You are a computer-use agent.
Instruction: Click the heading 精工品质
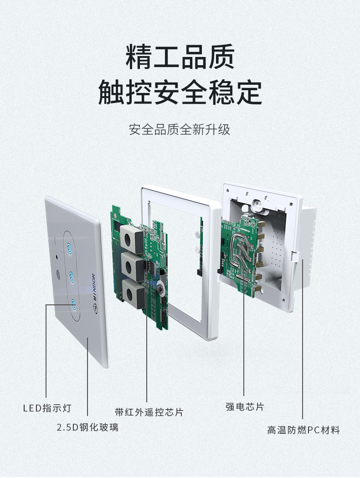[x=180, y=57]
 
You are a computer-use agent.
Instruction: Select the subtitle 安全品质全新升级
[x=180, y=129]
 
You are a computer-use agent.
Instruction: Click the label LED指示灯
[x=47, y=408]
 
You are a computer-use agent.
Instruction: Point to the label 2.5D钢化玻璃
[x=87, y=427]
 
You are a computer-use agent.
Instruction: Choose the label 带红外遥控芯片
[x=149, y=412]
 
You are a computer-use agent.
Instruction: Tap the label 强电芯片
[x=245, y=406]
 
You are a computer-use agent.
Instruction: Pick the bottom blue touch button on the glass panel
[x=73, y=303]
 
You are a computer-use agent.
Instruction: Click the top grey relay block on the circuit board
[x=132, y=239]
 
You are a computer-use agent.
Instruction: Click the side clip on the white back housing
[x=294, y=257]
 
